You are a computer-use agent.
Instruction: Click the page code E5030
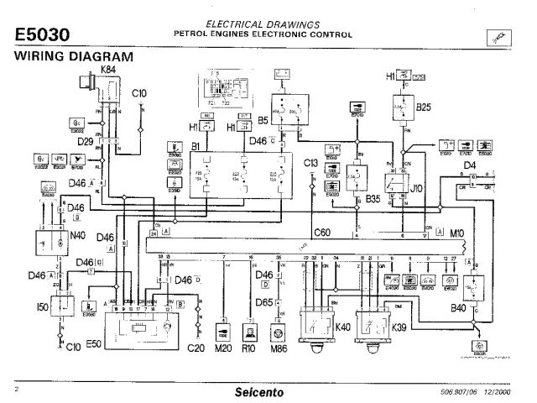[42, 34]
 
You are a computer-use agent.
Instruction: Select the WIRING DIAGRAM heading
[75, 56]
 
